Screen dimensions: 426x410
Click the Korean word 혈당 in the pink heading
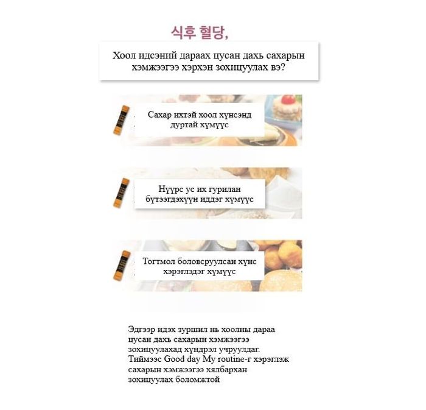211,33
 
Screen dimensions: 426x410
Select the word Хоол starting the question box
124,55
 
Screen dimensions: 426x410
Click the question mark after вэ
282,67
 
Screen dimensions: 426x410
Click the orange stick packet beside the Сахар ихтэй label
121,120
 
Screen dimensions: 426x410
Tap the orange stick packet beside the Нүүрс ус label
121,193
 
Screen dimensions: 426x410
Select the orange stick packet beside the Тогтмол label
122,266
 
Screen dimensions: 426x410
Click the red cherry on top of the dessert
288,99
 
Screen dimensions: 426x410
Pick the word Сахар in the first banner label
159,115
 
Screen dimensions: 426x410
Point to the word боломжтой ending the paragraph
197,380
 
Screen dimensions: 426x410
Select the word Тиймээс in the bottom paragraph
145,359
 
